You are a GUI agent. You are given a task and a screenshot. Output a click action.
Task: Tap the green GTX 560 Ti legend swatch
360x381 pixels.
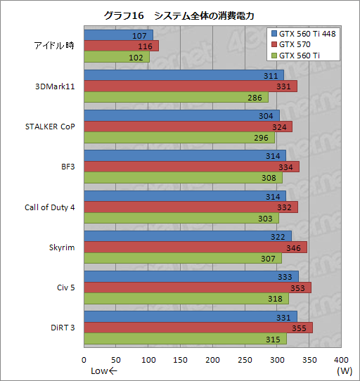(x=274, y=55)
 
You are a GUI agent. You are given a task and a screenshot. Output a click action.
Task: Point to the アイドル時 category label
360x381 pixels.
(x=55, y=46)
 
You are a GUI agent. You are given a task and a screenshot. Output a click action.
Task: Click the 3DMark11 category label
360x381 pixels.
(x=55, y=86)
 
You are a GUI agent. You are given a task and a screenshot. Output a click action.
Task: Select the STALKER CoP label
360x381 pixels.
(x=50, y=127)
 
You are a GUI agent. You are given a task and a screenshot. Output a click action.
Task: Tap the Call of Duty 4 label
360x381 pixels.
(x=50, y=207)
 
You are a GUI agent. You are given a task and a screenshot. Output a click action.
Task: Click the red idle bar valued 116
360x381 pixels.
(x=121, y=46)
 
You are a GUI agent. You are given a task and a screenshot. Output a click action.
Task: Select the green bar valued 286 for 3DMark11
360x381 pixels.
(x=176, y=97)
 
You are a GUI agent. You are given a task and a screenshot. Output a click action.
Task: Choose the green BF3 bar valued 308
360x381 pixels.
(x=183, y=178)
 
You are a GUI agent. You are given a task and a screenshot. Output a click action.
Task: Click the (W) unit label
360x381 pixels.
(x=344, y=371)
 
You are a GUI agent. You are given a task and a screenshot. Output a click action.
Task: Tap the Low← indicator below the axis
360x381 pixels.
(x=105, y=371)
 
